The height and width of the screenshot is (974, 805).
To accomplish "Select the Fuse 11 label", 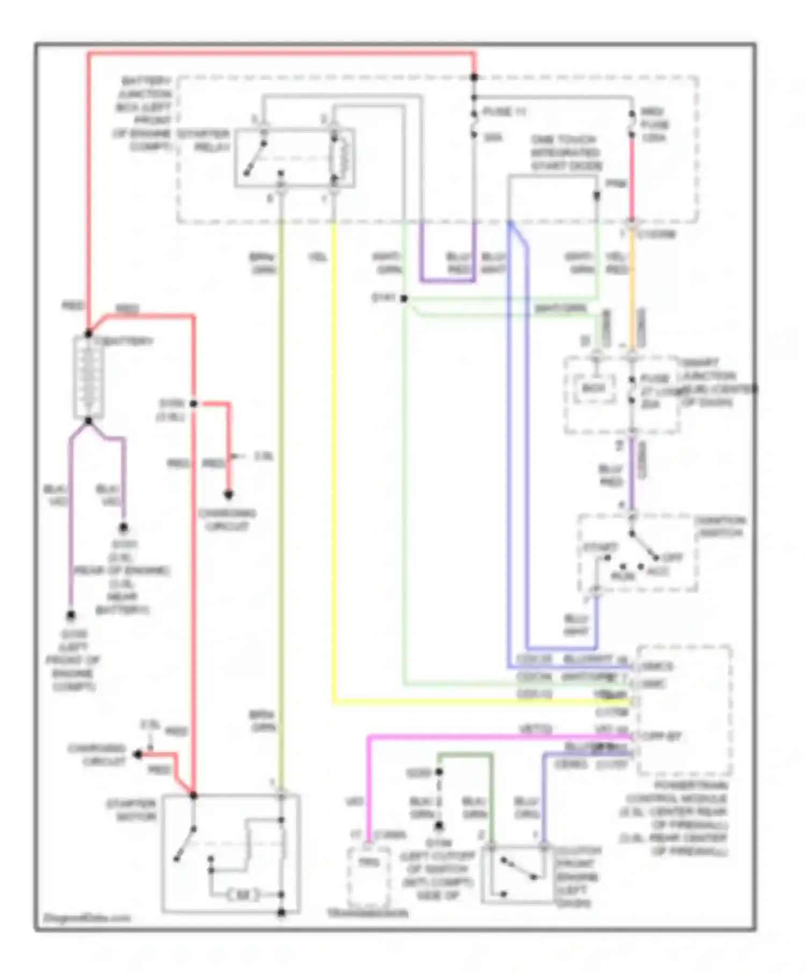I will [x=504, y=112].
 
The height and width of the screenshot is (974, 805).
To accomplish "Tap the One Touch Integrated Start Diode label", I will [x=566, y=152].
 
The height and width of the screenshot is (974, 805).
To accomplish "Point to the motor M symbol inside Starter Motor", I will [x=243, y=895].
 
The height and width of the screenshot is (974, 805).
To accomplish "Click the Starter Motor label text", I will [x=131, y=810].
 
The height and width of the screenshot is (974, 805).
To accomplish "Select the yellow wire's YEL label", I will [x=318, y=258].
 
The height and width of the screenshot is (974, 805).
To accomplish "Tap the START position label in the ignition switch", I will [x=600, y=547].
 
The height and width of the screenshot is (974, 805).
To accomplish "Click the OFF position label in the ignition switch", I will [x=671, y=557].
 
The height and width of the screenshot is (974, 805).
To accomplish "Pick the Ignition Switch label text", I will [x=719, y=527].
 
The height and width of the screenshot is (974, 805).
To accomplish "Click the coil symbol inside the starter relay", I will [x=342, y=158].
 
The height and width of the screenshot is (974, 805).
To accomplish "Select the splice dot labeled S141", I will [x=404, y=299].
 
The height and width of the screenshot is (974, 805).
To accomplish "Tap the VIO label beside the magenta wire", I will [x=354, y=802].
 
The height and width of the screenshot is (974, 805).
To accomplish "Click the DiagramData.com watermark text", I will [x=86, y=918].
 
